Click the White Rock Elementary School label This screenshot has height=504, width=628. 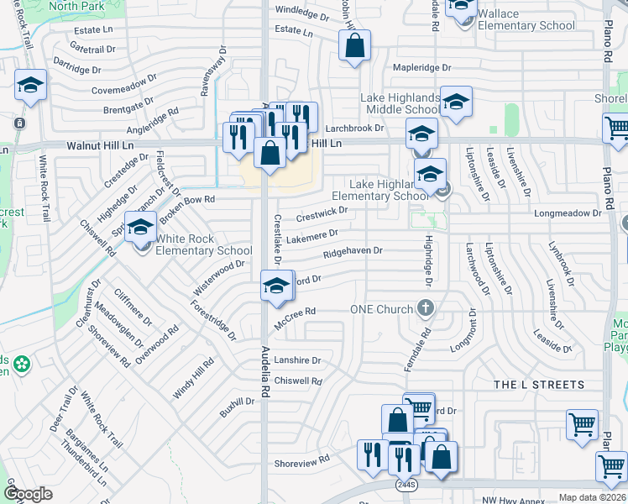click(203, 244)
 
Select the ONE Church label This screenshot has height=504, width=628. click(383, 309)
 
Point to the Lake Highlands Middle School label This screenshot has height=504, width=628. click(400, 104)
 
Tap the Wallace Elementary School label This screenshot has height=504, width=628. click(526, 20)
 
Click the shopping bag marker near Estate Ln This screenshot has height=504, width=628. click(355, 47)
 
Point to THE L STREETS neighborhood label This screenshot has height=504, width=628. click(538, 385)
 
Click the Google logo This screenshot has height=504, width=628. click(28, 494)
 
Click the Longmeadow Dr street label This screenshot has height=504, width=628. click(568, 213)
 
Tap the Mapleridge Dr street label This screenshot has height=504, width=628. click(422, 67)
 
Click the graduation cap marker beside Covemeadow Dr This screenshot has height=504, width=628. click(30, 86)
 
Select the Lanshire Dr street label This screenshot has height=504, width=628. click(297, 360)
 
